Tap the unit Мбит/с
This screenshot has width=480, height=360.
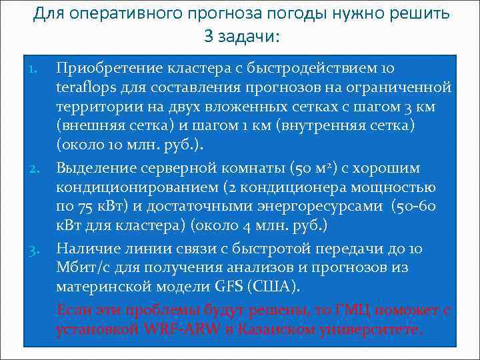point(79,267)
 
